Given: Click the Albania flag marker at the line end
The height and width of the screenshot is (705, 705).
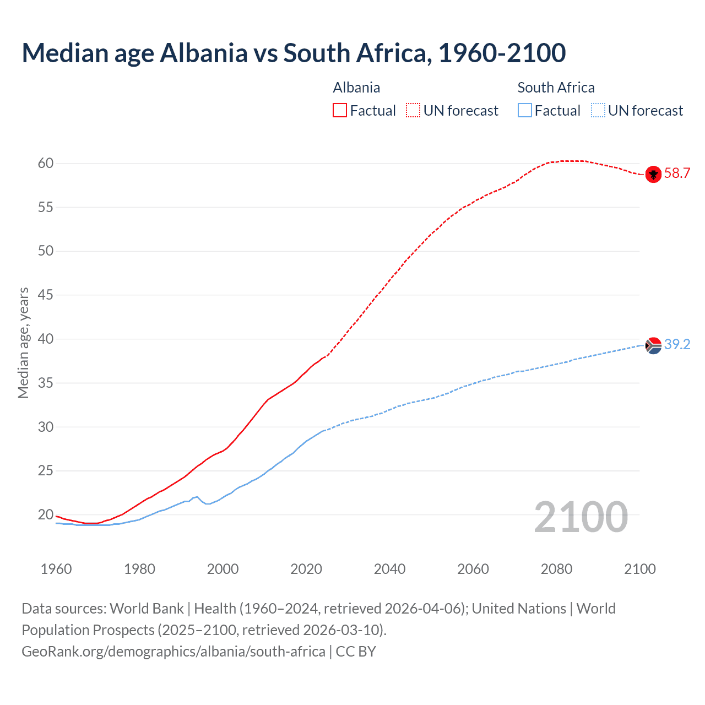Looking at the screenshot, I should tap(653, 174).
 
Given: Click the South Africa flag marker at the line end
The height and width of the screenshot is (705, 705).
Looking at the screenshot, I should tap(653, 345).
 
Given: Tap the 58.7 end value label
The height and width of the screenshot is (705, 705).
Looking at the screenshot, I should tap(677, 173).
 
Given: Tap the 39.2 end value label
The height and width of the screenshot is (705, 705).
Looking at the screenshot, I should tap(677, 345).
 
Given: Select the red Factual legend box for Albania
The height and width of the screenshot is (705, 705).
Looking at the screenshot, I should tap(340, 111).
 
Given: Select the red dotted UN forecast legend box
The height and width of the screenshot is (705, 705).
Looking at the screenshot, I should tap(413, 111).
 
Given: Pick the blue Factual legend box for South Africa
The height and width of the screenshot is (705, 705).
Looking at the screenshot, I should tap(525, 111).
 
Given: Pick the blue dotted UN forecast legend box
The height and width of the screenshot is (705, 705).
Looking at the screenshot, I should tap(598, 111).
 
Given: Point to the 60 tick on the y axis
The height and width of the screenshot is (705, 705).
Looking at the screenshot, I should tap(46, 164).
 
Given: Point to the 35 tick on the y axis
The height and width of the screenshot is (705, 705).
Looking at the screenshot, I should tap(46, 383).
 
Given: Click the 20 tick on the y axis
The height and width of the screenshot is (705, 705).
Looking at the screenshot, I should tap(46, 515).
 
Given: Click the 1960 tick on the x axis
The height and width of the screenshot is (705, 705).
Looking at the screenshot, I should tap(56, 569).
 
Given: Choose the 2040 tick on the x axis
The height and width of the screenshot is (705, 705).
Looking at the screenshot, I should tap(389, 569).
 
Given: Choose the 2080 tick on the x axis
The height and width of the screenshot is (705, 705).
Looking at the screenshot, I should tap(556, 569).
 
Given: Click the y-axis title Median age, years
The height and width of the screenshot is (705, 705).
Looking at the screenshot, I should tap(23, 343).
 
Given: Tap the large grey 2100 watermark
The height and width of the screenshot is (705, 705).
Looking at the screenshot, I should tap(581, 517).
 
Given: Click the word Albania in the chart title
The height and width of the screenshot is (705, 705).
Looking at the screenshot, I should tap(204, 53).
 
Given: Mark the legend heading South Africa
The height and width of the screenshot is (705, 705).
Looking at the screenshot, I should tap(556, 88).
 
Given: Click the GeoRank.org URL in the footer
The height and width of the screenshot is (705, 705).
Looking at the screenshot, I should tap(173, 652).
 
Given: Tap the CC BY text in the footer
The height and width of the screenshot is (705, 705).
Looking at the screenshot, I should tap(356, 652).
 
